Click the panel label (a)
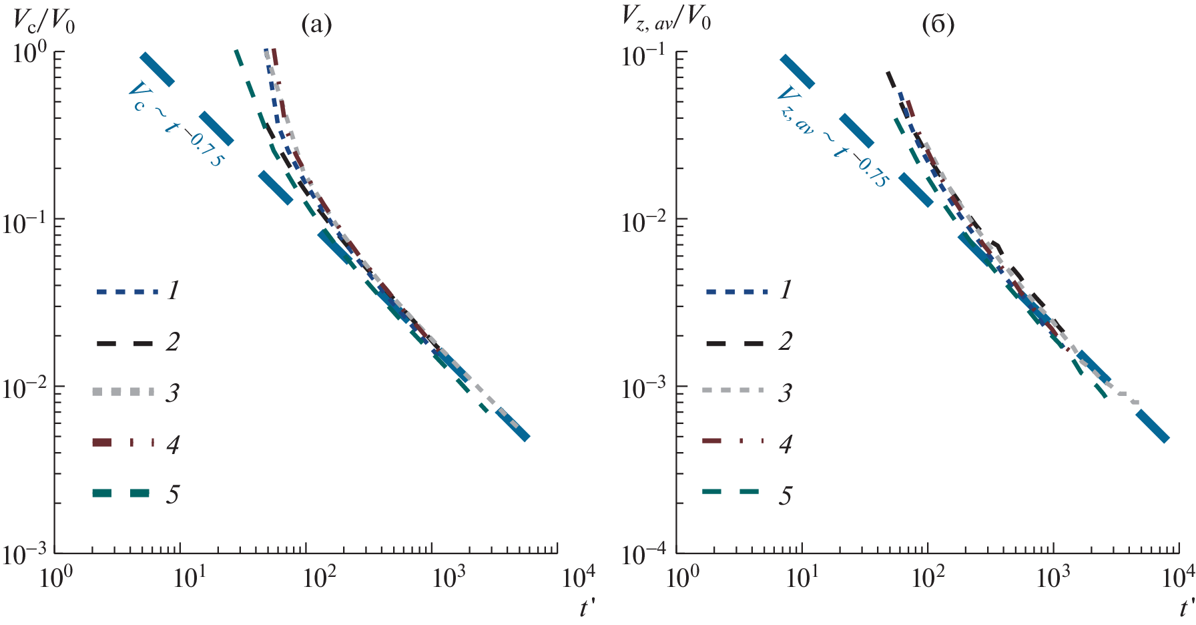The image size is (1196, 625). point(316,25)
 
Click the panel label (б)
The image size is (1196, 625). point(938,25)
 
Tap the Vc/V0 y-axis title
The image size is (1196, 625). point(44,23)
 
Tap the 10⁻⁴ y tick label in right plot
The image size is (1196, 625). point(645,554)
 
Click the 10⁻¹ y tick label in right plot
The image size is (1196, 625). point(645,55)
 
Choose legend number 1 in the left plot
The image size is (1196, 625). point(173,290)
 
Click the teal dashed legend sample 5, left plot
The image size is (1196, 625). point(122,493)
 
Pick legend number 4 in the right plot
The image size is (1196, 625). point(786,443)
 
